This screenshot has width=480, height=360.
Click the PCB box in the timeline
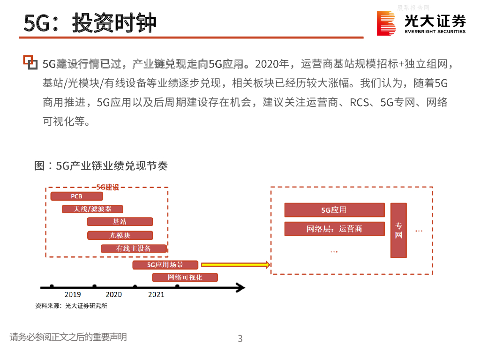pos(76,196)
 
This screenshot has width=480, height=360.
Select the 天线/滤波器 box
pos(92,209)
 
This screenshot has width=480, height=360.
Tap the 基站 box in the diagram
pos(120,222)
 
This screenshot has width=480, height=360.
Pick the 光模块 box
pos(120,235)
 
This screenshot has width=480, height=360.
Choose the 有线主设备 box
pos(134,249)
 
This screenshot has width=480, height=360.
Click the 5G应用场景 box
pos(165,265)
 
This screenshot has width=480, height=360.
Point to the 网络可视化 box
pos(185,277)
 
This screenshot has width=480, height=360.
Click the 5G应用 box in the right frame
pos(334,210)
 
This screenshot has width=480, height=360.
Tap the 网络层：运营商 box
pos(334,229)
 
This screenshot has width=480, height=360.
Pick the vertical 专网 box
pos(398,230)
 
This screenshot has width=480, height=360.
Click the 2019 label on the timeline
pos(73,294)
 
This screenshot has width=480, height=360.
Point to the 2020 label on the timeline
pos(114,294)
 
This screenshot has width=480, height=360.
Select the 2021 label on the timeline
pos(156,294)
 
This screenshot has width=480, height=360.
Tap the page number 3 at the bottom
pos(240,338)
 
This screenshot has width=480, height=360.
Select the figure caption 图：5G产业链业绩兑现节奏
pos(101,166)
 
